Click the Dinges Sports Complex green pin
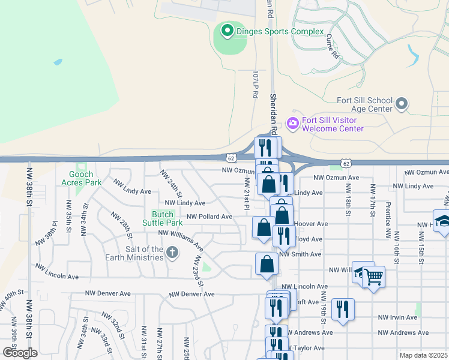[228, 30]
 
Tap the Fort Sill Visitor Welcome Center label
[333, 124]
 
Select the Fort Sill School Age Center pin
[402, 104]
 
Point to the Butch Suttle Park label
[163, 218]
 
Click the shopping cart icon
[373, 277]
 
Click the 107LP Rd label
[255, 85]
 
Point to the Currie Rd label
[333, 46]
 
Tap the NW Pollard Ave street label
[209, 217]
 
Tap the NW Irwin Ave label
[397, 317]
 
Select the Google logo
[20, 353]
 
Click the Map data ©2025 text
[424, 355]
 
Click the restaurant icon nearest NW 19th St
[343, 309]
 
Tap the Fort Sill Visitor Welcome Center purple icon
[293, 124]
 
